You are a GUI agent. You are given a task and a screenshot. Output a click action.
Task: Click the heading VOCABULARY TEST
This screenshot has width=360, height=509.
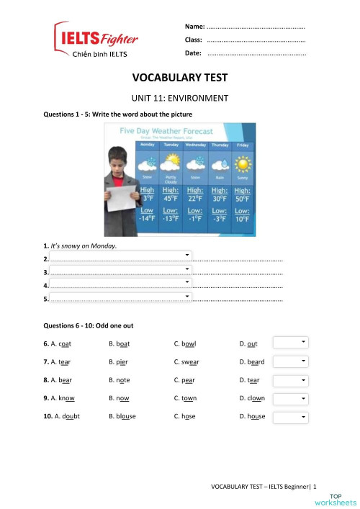click(x=179, y=77)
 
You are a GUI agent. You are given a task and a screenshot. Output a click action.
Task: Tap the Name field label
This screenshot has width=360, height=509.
click(x=194, y=26)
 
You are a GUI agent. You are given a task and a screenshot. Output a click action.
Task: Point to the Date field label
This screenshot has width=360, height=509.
click(x=193, y=53)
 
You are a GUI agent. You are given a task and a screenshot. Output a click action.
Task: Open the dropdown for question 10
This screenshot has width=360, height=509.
click(x=291, y=416)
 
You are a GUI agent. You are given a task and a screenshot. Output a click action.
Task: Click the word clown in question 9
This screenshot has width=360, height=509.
click(x=256, y=398)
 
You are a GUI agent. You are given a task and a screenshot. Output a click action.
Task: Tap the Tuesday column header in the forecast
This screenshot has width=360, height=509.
click(x=171, y=144)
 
